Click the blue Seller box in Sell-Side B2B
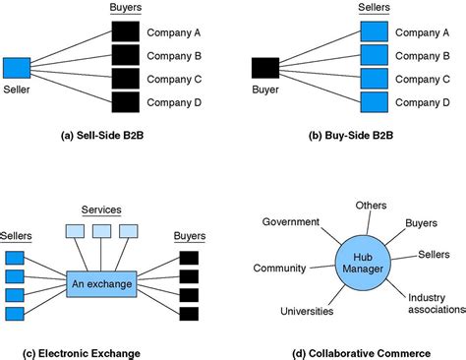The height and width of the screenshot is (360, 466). coord(17,68)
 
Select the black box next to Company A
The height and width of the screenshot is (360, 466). coord(125,32)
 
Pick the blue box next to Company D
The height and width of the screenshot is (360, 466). coord(374,101)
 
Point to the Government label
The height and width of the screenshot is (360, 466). coord(290,221)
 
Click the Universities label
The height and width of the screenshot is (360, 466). coord(307,311)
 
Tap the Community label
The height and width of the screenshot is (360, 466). coord(279,268)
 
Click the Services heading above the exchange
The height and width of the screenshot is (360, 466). coord(99,210)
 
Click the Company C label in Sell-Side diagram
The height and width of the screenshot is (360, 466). coord(174,79)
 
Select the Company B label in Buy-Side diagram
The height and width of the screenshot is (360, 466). coord(423,55)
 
